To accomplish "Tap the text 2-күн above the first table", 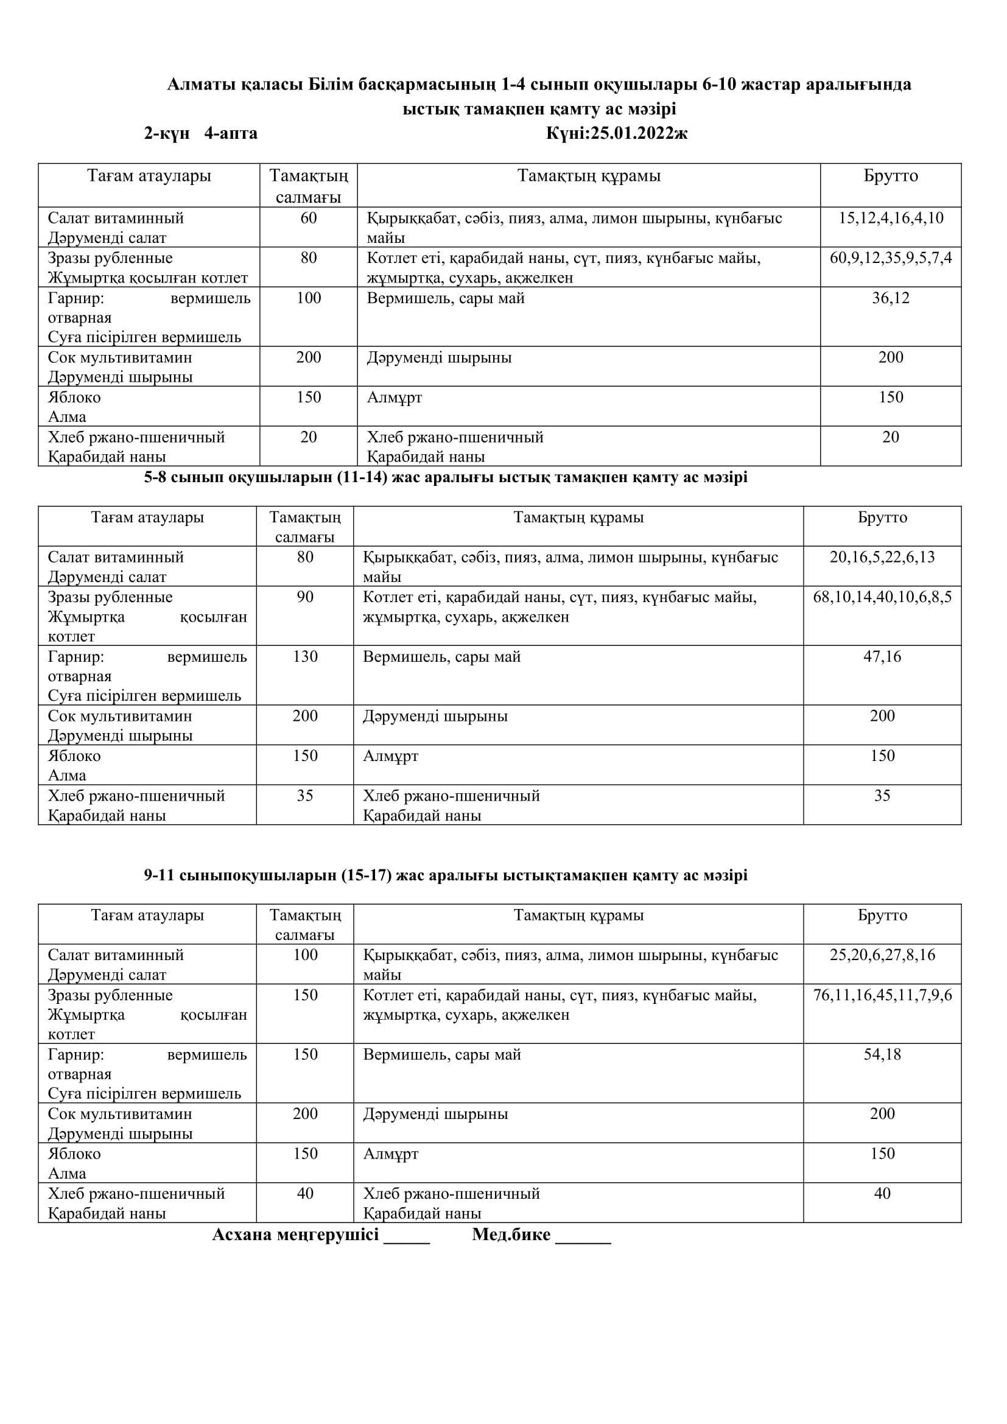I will (x=167, y=133).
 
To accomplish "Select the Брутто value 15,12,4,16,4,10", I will (x=891, y=218).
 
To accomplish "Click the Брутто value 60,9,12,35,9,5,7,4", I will (x=891, y=258).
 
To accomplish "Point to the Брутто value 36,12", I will (x=891, y=298).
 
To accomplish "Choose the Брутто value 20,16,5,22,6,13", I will (x=882, y=557).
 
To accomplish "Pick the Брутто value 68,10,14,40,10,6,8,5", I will (x=882, y=597).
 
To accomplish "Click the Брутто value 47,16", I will (x=882, y=656).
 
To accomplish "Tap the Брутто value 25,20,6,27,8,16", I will (x=882, y=955).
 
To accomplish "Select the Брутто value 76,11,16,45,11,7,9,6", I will (x=882, y=995).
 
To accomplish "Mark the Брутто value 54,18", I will (x=882, y=1054).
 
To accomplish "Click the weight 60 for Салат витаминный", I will (x=308, y=218).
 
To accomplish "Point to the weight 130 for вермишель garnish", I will (x=305, y=656).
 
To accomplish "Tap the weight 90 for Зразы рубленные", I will (x=305, y=597).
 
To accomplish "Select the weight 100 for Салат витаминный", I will (x=305, y=955).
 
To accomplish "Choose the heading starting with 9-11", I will (x=445, y=875).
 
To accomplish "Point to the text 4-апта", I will (x=231, y=133).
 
